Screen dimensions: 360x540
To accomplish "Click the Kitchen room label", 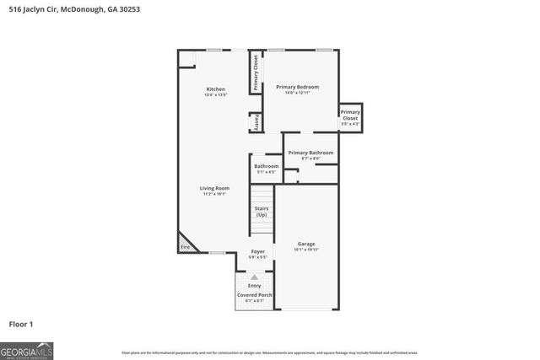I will tap(216, 89).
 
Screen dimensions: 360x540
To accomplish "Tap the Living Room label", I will tap(214, 188).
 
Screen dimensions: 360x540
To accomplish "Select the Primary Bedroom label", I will tap(297, 86).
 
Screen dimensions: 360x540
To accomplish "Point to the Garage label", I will tap(305, 244).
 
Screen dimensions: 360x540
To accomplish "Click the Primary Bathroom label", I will tap(310, 153).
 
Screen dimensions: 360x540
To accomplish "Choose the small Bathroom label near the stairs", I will tap(266, 166).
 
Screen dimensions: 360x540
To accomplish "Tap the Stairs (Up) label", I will tap(261, 212).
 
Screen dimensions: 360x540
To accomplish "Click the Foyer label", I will tap(257, 252).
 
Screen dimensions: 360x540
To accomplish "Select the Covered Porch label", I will tap(254, 295).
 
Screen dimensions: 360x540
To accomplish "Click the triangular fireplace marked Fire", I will tap(186, 245).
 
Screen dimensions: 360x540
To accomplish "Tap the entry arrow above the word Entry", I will tap(254, 277).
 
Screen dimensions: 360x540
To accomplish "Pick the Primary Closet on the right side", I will tap(350, 116).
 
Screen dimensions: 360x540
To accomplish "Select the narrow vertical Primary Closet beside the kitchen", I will tap(255, 73).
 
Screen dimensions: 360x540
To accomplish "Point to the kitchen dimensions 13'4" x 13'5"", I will tap(216, 95).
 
